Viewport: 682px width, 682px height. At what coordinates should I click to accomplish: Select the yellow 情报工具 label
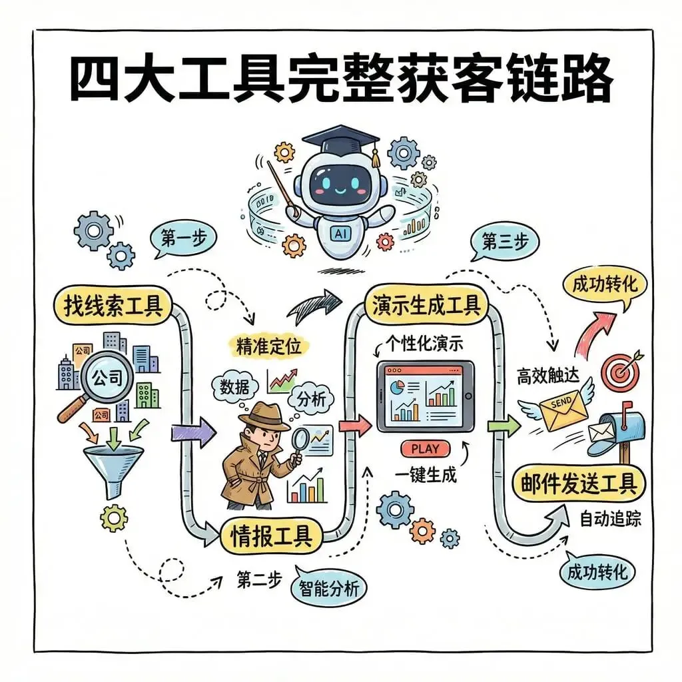(x=271, y=535)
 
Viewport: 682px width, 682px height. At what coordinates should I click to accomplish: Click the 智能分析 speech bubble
(x=328, y=588)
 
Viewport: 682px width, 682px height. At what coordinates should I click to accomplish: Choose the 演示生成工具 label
(x=427, y=306)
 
